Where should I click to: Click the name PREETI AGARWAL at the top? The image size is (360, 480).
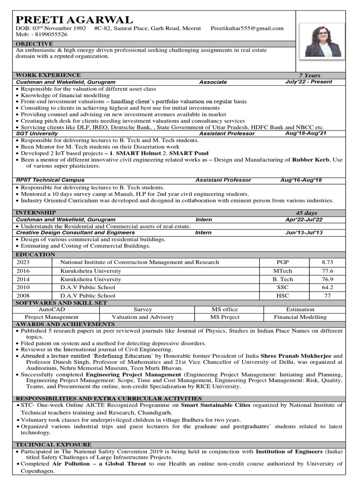pos(75,19)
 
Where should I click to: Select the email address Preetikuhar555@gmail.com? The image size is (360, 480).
pos(247,28)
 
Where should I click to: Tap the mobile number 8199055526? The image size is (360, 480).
pos(48,35)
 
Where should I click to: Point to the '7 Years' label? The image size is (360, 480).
pos(309,75)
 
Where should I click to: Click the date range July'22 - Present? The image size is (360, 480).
pos(308,82)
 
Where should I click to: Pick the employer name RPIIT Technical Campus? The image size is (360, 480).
pos(50,180)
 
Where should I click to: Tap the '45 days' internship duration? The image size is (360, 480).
pos(306,213)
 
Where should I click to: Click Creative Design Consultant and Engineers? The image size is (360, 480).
pos(75,232)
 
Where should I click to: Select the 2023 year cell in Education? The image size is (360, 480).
pos(23,262)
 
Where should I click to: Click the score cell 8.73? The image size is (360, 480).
pos(327,262)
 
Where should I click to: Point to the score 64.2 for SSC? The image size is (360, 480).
pos(327,287)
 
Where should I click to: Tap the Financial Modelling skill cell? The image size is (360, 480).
pos(300,317)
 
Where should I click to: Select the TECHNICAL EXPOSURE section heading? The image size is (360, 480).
pos(53,444)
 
